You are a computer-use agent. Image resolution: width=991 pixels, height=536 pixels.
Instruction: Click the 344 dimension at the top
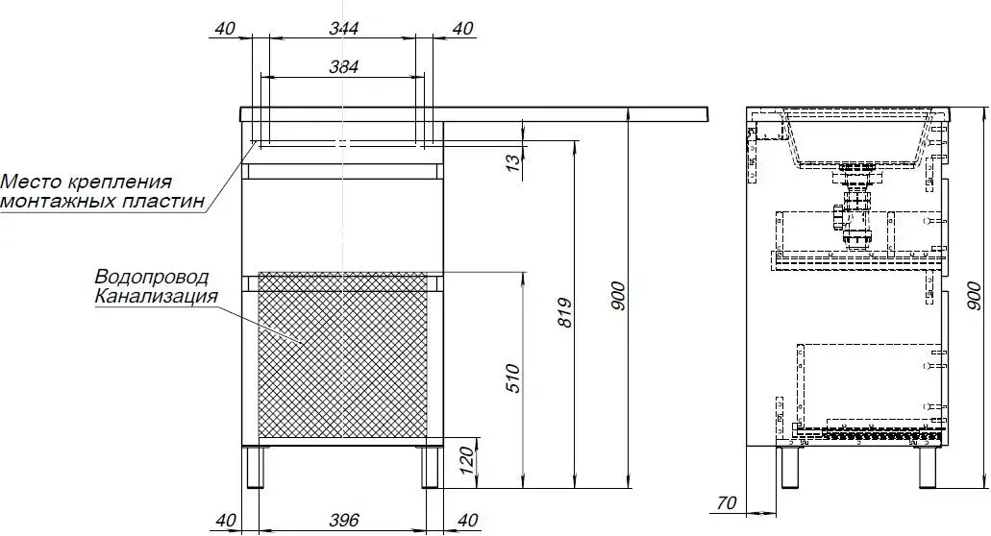click(344, 29)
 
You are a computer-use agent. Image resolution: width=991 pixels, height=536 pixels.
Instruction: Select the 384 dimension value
click(344, 66)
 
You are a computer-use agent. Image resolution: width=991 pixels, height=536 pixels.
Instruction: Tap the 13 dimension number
click(515, 159)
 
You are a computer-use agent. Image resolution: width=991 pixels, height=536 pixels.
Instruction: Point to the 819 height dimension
click(565, 313)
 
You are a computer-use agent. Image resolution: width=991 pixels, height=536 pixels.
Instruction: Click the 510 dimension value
click(514, 378)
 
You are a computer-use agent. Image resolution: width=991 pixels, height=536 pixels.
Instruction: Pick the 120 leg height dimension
click(466, 461)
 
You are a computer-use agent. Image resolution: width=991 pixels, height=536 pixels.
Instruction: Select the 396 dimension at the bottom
click(344, 521)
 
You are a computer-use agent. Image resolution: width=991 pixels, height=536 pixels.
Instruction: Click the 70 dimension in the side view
click(727, 503)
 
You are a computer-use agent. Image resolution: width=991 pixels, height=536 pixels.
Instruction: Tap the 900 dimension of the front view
click(619, 296)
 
